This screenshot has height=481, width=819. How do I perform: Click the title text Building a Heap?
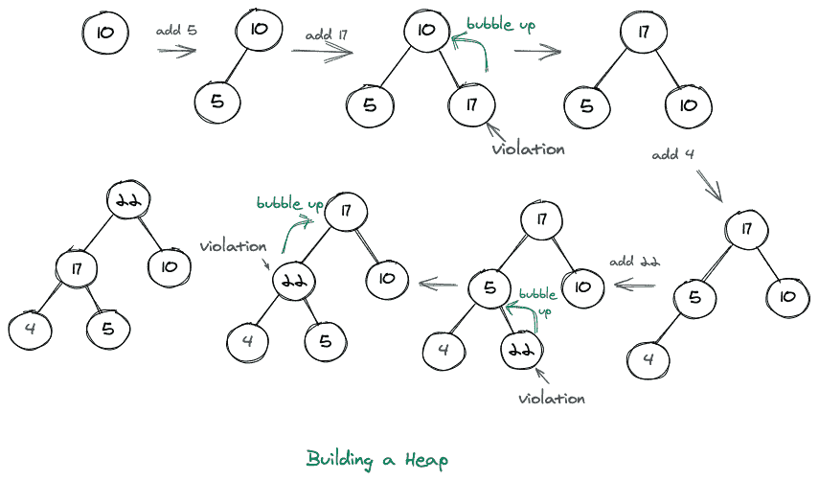(376, 459)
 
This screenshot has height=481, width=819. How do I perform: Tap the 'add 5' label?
(176, 31)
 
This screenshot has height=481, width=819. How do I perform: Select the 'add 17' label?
(326, 34)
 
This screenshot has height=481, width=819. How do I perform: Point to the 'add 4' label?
(672, 154)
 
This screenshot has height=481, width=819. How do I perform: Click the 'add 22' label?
(635, 262)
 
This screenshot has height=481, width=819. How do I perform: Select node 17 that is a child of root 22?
(76, 265)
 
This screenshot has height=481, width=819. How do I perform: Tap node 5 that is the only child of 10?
(217, 102)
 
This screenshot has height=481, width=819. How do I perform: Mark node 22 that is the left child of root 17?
(293, 281)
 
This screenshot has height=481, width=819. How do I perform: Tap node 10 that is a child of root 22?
(170, 265)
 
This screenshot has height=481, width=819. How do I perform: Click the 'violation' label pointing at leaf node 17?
(528, 149)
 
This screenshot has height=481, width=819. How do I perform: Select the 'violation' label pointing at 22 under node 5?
(551, 397)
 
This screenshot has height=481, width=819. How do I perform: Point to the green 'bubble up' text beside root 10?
(500, 25)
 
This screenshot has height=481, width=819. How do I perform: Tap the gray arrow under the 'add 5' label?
(177, 51)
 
